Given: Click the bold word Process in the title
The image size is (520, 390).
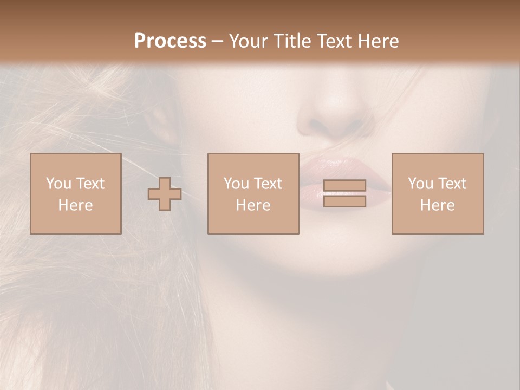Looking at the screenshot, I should point(170,41).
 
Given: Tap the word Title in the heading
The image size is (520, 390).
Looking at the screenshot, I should point(291,41).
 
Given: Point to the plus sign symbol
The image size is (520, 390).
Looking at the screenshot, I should point(165,194).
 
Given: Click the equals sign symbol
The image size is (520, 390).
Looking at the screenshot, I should point(344,193).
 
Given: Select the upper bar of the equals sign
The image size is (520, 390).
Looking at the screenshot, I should point(344,186).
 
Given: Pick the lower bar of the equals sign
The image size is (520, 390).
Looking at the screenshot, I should point(344,201).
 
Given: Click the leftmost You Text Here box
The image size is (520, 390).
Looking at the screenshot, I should point(75,193).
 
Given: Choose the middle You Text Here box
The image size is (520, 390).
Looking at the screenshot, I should point(253,193).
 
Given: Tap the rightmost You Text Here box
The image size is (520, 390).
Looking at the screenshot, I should point(437,193).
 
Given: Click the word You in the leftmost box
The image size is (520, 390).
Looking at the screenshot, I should point(58,184).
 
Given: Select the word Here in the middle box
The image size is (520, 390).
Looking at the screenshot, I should point(253,205).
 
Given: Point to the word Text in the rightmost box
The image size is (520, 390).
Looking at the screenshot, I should point(453,184).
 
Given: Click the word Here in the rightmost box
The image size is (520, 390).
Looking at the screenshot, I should point(437,205).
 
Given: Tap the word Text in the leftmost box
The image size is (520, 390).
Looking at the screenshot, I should point(90,184).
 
